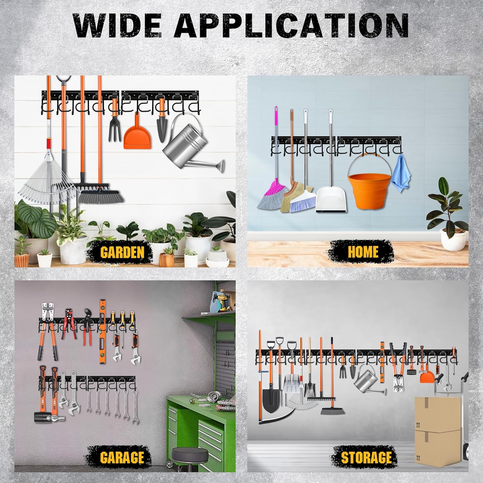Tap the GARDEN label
tap(122, 252)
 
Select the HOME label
tap(363, 252)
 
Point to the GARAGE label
tap(122, 457)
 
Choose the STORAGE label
tap(367, 457)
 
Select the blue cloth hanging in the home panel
tap(400, 174)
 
